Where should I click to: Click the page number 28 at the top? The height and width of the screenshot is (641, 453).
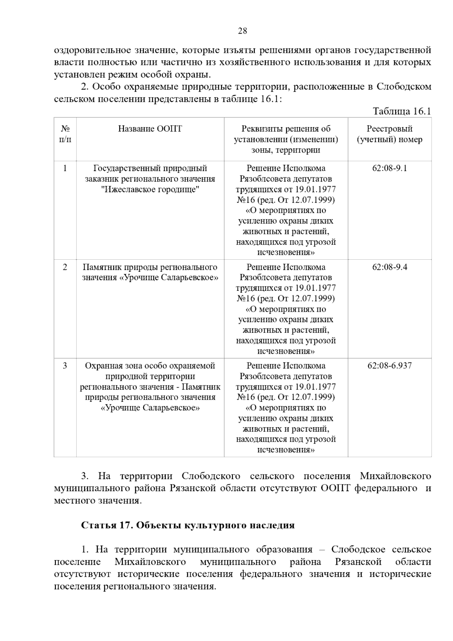tap(242, 31)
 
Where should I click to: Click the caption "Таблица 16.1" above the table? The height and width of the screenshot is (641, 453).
tap(401, 111)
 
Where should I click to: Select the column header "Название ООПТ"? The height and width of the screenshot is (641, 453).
tap(150, 129)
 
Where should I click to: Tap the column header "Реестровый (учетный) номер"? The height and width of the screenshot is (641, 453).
tap(390, 134)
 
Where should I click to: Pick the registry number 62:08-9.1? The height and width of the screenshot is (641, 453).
tap(390, 168)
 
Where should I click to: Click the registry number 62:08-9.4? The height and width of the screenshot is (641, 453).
tap(390, 267)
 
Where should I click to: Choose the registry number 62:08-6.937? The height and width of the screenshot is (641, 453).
tap(390, 366)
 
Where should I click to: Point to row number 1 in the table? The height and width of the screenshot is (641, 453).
tap(65, 168)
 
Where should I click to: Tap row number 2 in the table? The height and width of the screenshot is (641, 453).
tap(65, 267)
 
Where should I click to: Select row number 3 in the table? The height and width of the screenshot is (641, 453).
tap(65, 366)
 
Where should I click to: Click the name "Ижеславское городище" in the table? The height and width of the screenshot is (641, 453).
tap(150, 190)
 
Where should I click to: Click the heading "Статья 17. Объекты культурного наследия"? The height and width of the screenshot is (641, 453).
tap(188, 525)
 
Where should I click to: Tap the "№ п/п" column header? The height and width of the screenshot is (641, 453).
tap(65, 134)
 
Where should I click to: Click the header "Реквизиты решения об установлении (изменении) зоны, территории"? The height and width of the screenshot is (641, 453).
tap(286, 140)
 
